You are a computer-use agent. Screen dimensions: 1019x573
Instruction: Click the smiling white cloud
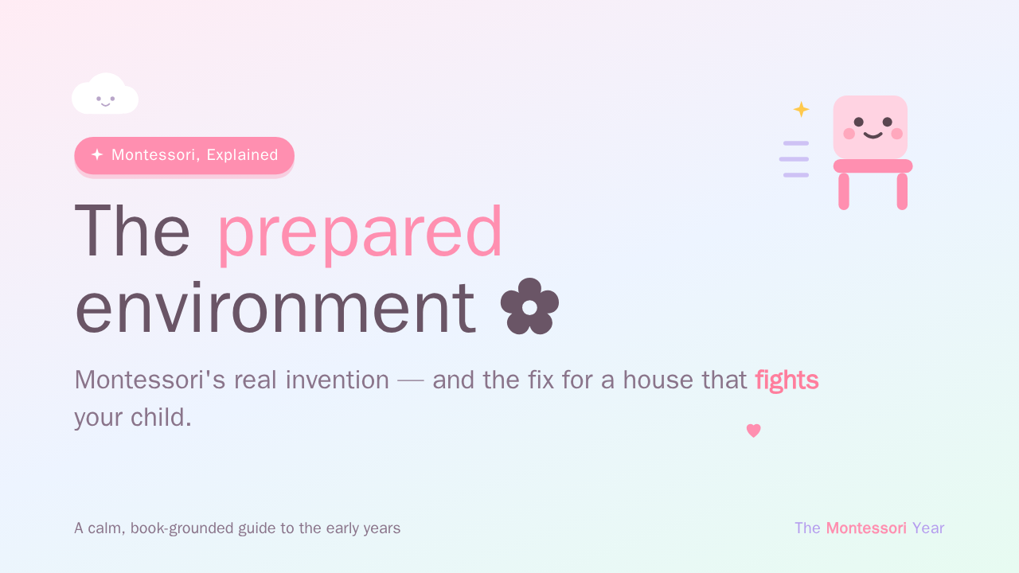(105, 94)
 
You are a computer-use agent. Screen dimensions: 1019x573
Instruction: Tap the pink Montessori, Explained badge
(184, 155)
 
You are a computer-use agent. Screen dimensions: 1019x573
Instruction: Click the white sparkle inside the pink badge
(97, 154)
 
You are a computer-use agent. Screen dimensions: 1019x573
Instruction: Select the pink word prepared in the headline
(360, 234)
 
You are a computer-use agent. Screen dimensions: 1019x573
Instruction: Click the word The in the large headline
(132, 231)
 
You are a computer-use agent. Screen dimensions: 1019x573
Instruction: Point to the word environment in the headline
(275, 308)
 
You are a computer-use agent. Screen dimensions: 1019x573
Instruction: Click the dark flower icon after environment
(529, 306)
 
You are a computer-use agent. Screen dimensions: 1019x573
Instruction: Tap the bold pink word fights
(787, 380)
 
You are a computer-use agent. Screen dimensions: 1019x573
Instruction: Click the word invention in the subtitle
(337, 380)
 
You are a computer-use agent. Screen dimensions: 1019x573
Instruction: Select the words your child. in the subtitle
(133, 419)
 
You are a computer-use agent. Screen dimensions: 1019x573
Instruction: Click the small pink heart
(753, 431)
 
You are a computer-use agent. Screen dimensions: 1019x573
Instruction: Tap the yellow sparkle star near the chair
(801, 110)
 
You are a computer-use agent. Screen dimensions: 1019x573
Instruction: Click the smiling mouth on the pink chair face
(873, 135)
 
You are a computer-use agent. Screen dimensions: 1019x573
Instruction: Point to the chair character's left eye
(858, 122)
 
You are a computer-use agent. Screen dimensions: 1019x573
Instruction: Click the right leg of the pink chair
(902, 192)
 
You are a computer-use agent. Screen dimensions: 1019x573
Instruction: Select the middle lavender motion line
(794, 159)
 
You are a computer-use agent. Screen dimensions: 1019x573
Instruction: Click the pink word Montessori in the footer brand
(866, 528)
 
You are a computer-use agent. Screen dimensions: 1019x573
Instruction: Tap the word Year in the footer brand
(928, 528)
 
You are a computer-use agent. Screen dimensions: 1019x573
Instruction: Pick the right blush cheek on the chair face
(896, 134)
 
